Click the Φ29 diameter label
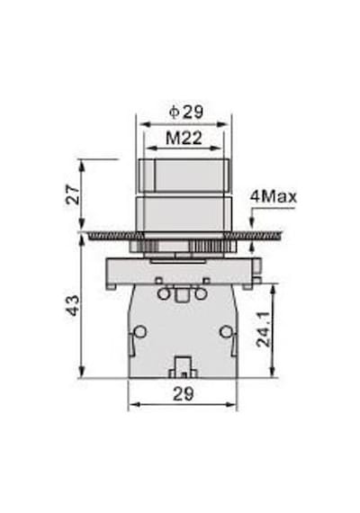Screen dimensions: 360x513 (x=186, y=112)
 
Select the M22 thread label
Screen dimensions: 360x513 (x=184, y=138)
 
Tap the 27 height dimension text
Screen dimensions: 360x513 (x=73, y=194)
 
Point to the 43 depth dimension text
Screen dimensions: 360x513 (x=73, y=305)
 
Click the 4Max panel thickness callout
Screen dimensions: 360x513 (x=274, y=196)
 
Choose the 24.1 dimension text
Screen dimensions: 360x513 (x=264, y=329)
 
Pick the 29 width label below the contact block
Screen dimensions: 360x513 (x=184, y=394)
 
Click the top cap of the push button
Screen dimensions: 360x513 (x=184, y=175)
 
